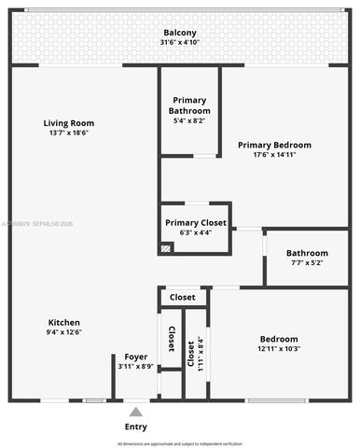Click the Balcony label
tap(179, 32)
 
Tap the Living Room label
tap(69, 123)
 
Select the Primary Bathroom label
tap(189, 105)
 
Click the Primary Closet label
tap(195, 223)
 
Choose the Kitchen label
tap(64, 322)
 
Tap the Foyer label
tap(136, 357)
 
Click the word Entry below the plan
tap(136, 427)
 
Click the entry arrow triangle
tap(136, 411)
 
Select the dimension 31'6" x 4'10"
tap(179, 42)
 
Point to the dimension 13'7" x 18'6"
tap(69, 133)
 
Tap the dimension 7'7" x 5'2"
tap(307, 263)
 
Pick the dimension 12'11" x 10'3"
tap(280, 349)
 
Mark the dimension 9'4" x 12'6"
tap(64, 332)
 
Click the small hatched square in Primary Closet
tap(166, 248)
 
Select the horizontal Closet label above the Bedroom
tap(183, 297)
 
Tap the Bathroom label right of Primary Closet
tap(307, 253)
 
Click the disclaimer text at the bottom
tap(179, 442)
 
